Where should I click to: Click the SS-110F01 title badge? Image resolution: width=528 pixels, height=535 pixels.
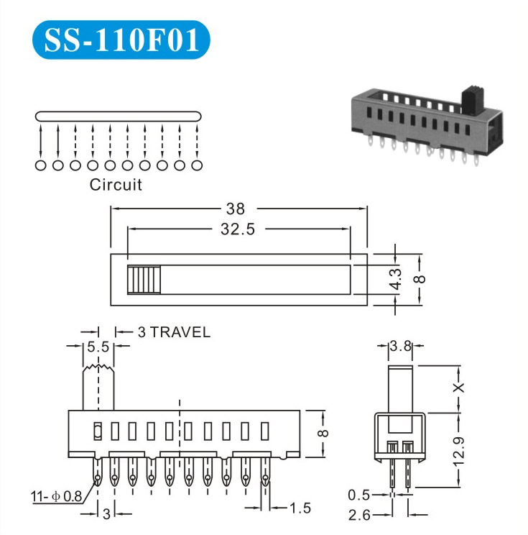121,40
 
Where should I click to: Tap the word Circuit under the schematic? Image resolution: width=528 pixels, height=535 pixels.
116,185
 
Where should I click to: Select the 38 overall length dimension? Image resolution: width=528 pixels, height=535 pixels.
236,209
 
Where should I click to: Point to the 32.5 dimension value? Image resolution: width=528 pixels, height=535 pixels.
238,229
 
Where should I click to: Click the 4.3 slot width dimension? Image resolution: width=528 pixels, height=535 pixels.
395,279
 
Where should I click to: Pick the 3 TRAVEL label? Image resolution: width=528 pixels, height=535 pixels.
174,332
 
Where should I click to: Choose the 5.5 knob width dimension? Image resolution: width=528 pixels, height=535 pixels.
98,347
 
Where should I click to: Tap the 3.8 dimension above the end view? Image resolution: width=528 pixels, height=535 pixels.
401,347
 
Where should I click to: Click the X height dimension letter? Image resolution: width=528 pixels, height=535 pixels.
459,388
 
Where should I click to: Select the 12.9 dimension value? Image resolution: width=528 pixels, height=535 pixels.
459,451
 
